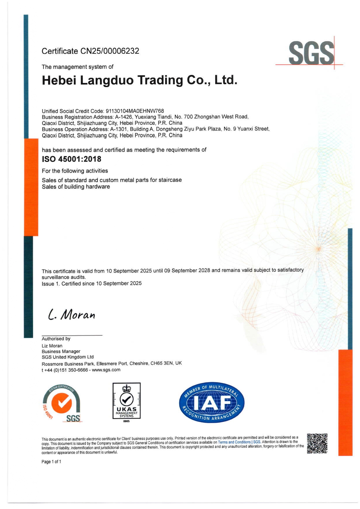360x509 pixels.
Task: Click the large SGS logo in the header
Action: click(x=311, y=53)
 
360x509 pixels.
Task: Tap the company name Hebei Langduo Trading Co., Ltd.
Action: click(x=140, y=80)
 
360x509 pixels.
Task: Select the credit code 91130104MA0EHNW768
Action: click(x=135, y=111)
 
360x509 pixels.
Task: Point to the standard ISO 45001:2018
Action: click(x=72, y=159)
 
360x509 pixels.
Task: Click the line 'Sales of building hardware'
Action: click(x=76, y=186)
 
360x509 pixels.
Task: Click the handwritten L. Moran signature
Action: click(x=72, y=315)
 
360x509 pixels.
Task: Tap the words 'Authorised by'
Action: click(x=56, y=338)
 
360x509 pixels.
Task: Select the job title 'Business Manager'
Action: click(x=61, y=351)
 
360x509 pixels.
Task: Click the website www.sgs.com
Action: click(x=106, y=370)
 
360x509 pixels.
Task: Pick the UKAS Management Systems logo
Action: click(x=126, y=402)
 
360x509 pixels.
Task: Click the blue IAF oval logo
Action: click(x=212, y=402)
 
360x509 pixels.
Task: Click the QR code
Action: click(x=317, y=443)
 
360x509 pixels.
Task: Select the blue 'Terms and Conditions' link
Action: click(x=234, y=442)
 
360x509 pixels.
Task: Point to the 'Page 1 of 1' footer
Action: click(x=51, y=462)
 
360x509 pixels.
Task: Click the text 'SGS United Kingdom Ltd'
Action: click(x=68, y=357)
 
